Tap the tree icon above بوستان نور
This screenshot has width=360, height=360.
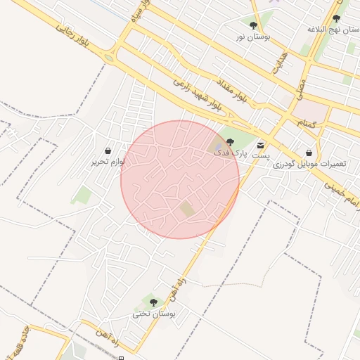(x=253, y=25)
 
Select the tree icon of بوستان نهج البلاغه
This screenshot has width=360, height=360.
(x=336, y=19)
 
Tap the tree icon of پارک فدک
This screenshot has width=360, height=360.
(x=230, y=143)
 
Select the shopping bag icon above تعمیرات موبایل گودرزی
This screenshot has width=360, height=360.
(x=309, y=153)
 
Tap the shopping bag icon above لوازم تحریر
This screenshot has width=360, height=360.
(x=107, y=151)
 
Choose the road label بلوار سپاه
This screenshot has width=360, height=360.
(x=138, y=14)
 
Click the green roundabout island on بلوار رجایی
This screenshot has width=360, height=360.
(x=109, y=58)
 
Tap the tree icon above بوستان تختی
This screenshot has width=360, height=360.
(x=153, y=303)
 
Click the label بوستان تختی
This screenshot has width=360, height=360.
(x=156, y=314)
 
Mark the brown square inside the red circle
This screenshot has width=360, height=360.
(x=186, y=209)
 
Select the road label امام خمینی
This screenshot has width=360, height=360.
(x=337, y=181)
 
